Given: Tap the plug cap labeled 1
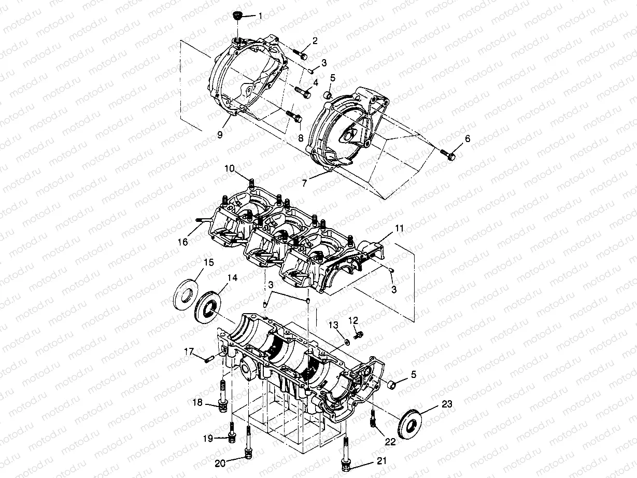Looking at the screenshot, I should click(x=239, y=16).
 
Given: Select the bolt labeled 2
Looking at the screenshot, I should click(x=299, y=53).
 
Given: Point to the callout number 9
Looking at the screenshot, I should click(x=220, y=134).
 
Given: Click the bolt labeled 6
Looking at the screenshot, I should click(x=447, y=153).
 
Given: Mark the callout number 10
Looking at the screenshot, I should click(x=230, y=168).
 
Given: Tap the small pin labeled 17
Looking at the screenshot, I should click(x=208, y=359).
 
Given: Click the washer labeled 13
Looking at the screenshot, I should click(x=346, y=342).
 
